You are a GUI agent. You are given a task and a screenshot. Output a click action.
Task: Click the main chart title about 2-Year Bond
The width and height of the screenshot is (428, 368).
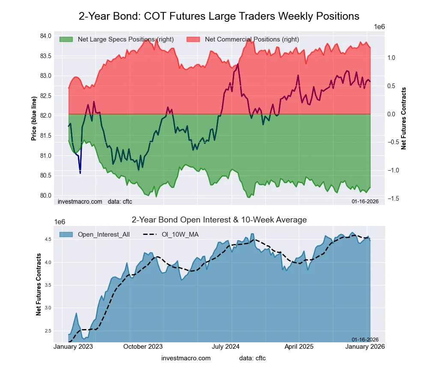(x=219, y=16)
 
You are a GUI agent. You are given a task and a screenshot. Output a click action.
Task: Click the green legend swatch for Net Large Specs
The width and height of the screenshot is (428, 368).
(x=66, y=39)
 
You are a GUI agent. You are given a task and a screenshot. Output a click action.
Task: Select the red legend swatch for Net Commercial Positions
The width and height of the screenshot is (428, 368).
(x=193, y=39)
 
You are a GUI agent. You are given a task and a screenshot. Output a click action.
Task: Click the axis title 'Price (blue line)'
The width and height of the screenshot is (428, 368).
(x=34, y=119)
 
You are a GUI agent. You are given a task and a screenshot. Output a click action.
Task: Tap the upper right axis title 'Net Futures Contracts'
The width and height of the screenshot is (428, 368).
(x=404, y=119)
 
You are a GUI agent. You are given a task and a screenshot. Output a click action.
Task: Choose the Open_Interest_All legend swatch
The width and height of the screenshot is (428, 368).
(x=66, y=234)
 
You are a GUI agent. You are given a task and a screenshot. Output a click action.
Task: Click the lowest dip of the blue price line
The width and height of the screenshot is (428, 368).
(x=80, y=173)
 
